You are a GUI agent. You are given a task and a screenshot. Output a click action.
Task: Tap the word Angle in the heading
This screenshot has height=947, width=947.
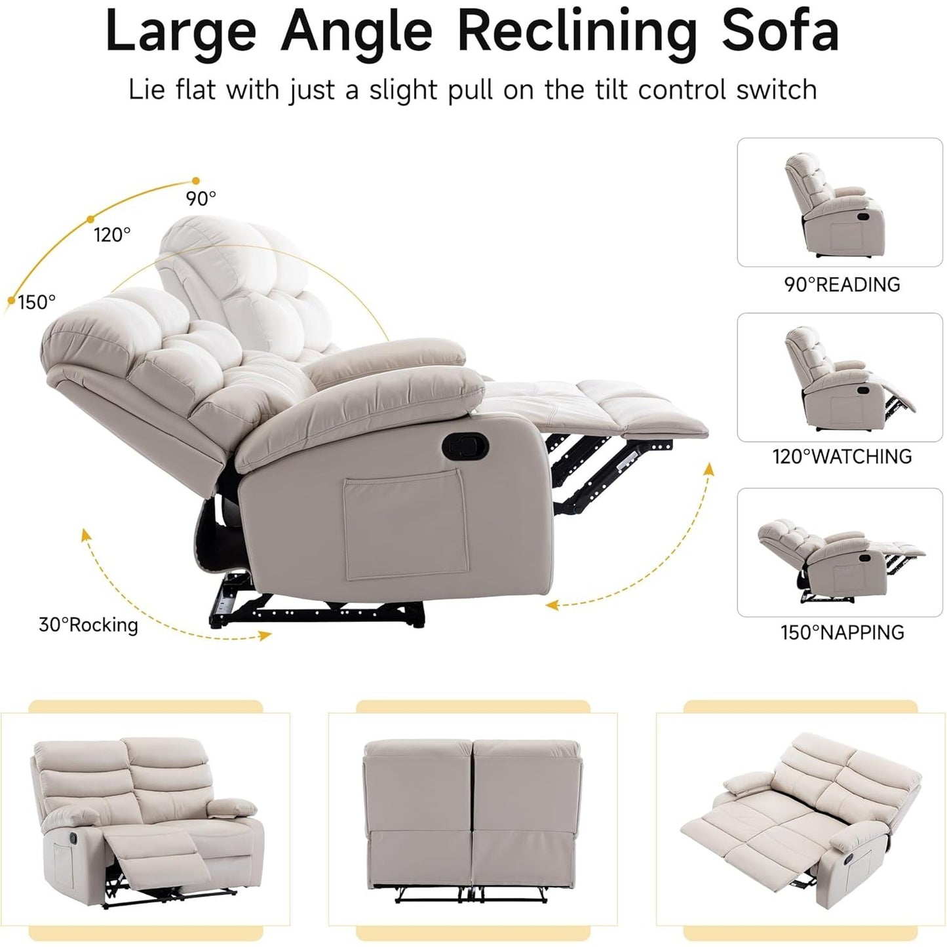[357, 31]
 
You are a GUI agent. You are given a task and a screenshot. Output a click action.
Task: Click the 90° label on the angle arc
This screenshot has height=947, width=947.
[201, 198]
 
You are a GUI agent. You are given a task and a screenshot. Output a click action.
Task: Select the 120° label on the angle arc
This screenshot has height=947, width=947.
[112, 234]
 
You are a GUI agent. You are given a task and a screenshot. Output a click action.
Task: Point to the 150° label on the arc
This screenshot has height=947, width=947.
[37, 302]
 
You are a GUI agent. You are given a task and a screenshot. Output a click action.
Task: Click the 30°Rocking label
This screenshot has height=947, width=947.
[88, 625]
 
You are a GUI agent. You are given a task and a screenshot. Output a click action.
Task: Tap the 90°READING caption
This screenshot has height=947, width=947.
[841, 284]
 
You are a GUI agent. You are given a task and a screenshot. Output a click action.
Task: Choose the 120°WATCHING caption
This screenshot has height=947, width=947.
[841, 456]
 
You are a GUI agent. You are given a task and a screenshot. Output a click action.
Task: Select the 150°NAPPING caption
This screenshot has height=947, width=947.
[841, 632]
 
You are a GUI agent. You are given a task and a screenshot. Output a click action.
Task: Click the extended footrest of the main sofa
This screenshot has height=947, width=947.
[590, 406]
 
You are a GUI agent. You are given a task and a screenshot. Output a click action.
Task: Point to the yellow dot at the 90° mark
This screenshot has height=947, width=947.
[195, 180]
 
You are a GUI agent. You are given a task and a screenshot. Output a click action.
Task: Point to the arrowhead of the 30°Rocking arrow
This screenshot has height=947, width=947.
[265, 634]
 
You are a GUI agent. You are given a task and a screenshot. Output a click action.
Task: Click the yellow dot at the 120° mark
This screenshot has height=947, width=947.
[90, 219]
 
